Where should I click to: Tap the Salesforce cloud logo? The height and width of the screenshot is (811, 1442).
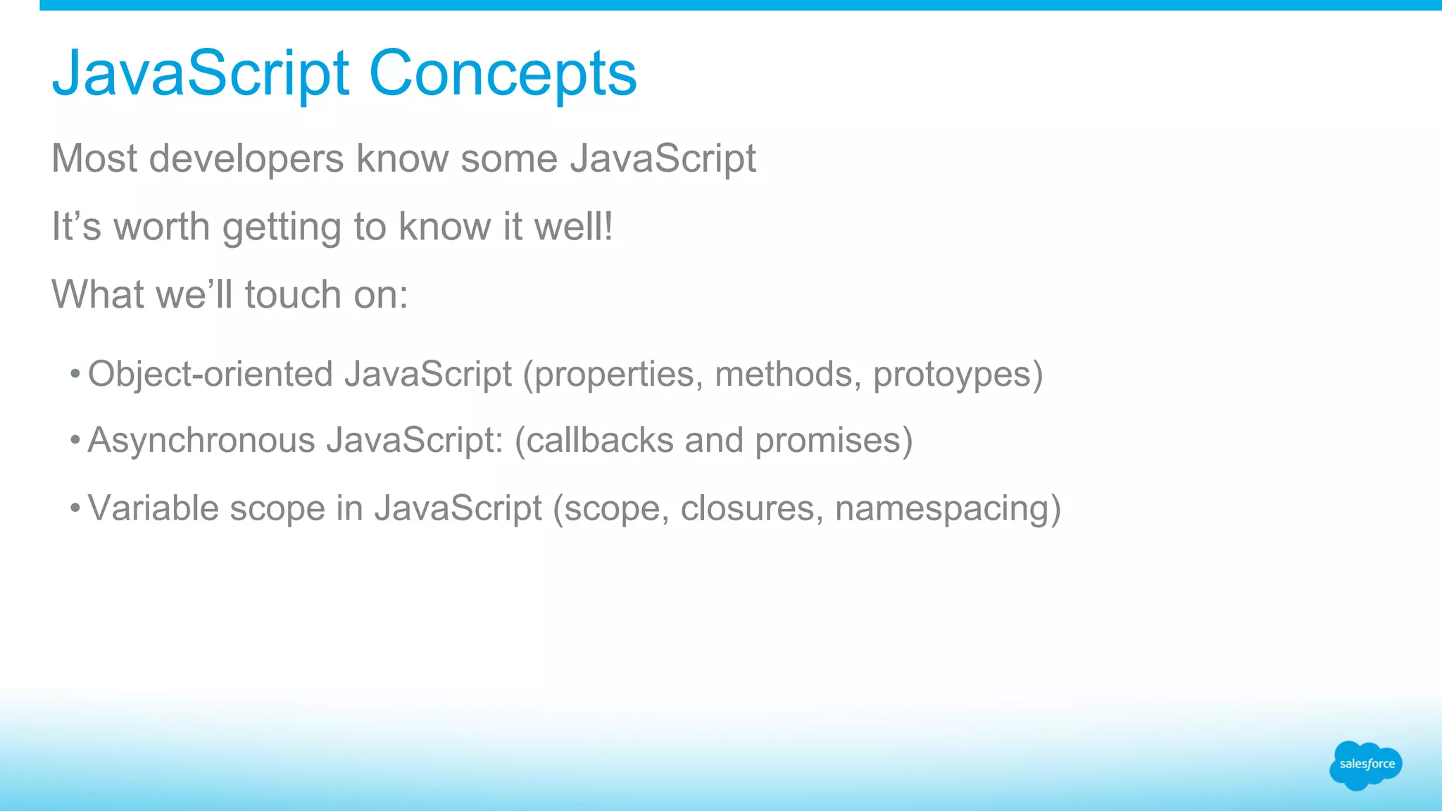1365,765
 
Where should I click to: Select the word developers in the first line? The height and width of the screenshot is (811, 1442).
246,158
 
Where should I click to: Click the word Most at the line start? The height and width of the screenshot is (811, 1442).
94,158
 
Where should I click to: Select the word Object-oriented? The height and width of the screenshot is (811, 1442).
211,374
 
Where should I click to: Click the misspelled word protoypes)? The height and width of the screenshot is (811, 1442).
958,374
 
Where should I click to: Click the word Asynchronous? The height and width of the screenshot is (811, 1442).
201,441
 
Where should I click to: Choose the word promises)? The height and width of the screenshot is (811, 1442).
834,441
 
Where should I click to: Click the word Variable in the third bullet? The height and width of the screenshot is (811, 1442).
153,508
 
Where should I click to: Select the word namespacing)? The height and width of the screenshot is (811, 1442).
948,508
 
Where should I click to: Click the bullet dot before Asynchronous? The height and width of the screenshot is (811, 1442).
75,441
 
